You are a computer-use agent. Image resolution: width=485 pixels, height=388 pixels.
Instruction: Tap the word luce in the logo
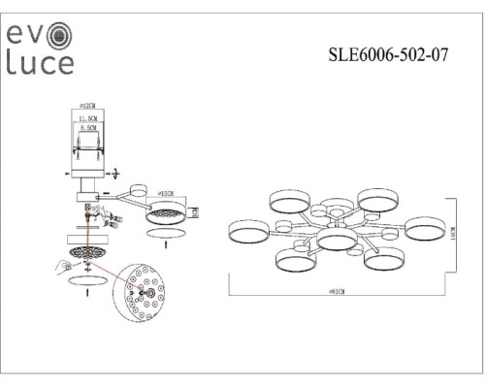pyautogui.click(x=40, y=63)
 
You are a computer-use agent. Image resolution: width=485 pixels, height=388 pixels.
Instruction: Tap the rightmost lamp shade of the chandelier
pyautogui.click(x=423, y=230)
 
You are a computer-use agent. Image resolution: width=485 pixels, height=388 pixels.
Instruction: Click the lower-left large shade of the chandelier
pyautogui.click(x=294, y=261)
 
